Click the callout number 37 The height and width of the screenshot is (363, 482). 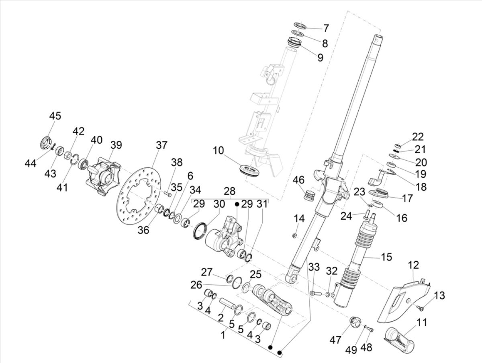(161, 145)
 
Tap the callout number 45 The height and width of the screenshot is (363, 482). (55, 116)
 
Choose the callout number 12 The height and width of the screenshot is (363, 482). (413, 265)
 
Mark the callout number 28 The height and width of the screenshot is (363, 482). (229, 191)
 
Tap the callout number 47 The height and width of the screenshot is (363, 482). (335, 340)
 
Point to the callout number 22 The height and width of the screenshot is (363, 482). (418, 137)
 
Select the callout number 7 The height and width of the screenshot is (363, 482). (326, 29)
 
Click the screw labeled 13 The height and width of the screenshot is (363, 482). (420, 308)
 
